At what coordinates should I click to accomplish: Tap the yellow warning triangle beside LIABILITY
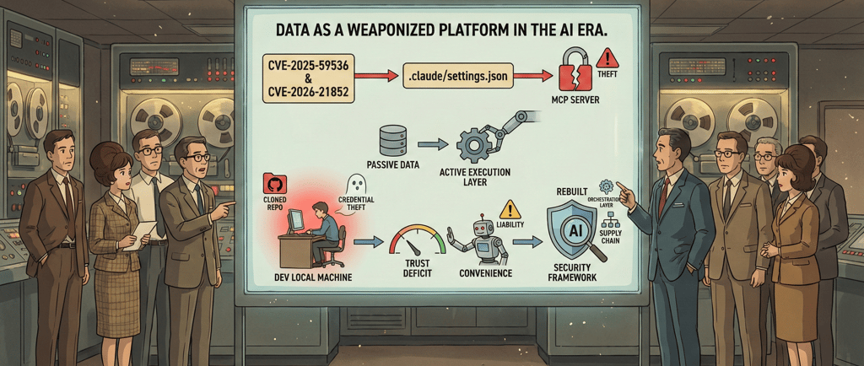tap(510, 211)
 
